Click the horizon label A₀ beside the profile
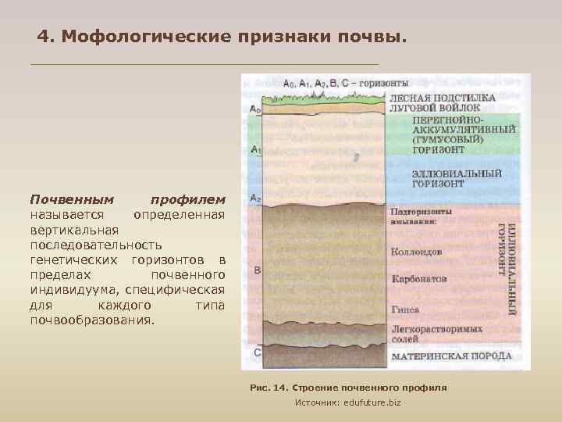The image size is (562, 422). [255, 110]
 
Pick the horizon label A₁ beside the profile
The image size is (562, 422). [255, 148]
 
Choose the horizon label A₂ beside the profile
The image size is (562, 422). [255, 198]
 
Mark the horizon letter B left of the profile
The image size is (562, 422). [257, 270]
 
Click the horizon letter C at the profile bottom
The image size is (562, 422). [257, 352]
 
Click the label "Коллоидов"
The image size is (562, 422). [416, 252]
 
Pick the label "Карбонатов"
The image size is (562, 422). [418, 278]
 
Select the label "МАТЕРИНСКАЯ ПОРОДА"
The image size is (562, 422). [451, 356]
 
